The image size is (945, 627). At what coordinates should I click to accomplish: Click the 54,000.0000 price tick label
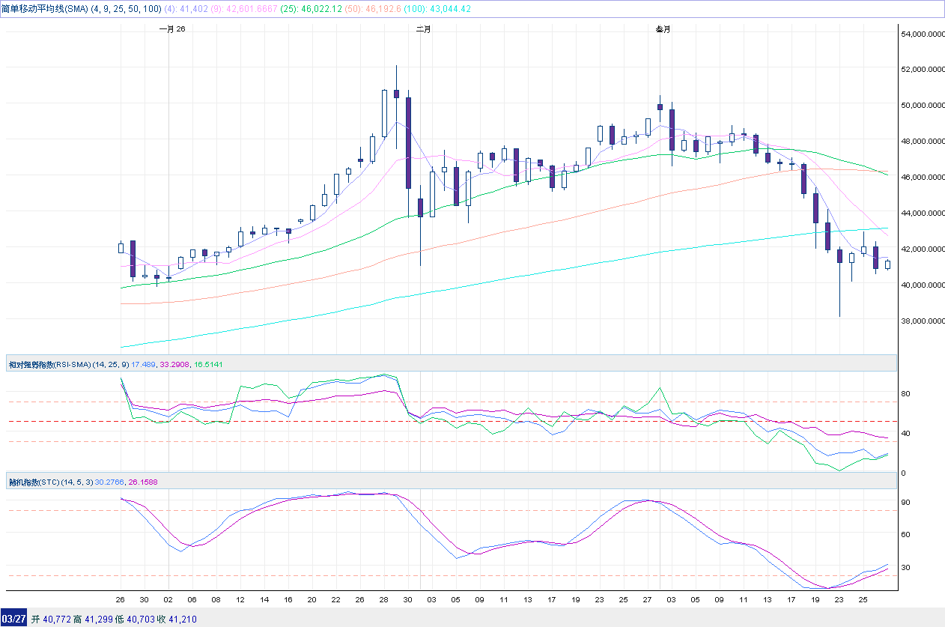pyautogui.click(x=922, y=34)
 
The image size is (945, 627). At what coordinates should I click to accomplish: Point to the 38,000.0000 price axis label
pyautogui.click(x=922, y=321)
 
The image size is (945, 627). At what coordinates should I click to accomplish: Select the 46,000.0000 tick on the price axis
pyautogui.click(x=922, y=177)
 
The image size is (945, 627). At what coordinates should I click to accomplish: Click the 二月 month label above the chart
pyautogui.click(x=423, y=29)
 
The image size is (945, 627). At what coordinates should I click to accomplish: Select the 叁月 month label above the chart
pyautogui.click(x=663, y=29)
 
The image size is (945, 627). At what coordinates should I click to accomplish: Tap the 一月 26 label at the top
pyautogui.click(x=172, y=29)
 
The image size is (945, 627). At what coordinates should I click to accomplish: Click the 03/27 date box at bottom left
pyautogui.click(x=14, y=619)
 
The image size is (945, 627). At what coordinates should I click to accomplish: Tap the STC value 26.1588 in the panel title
pyautogui.click(x=143, y=482)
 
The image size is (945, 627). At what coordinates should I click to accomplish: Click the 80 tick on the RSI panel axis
pyautogui.click(x=905, y=393)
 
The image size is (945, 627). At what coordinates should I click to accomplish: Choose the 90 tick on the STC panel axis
pyautogui.click(x=905, y=502)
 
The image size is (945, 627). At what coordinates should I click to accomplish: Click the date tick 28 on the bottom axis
pyautogui.click(x=384, y=600)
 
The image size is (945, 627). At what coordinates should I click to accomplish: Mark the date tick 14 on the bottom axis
pyautogui.click(x=264, y=600)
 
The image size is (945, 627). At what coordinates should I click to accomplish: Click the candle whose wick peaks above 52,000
pyautogui.click(x=396, y=94)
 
